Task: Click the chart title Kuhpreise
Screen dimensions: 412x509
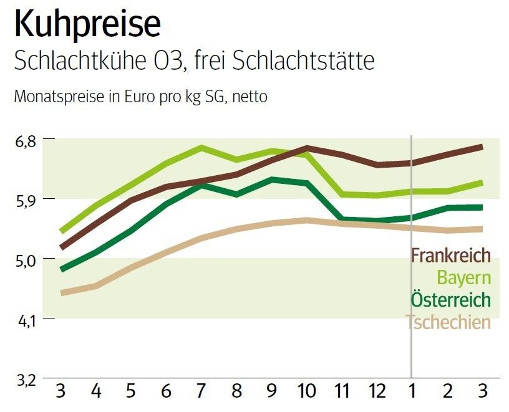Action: (x=87, y=26)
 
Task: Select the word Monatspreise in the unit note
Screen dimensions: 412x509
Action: (x=54, y=97)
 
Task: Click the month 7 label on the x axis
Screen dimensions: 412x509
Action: (x=201, y=393)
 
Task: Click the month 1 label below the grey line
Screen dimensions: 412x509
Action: (x=411, y=393)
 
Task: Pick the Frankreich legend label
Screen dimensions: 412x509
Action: (x=450, y=256)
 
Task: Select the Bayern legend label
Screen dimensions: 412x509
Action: (x=463, y=278)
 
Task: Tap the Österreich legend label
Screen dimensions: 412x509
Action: (x=450, y=299)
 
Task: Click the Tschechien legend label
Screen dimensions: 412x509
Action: (x=448, y=322)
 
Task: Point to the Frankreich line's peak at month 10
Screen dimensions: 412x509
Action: (x=307, y=148)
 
